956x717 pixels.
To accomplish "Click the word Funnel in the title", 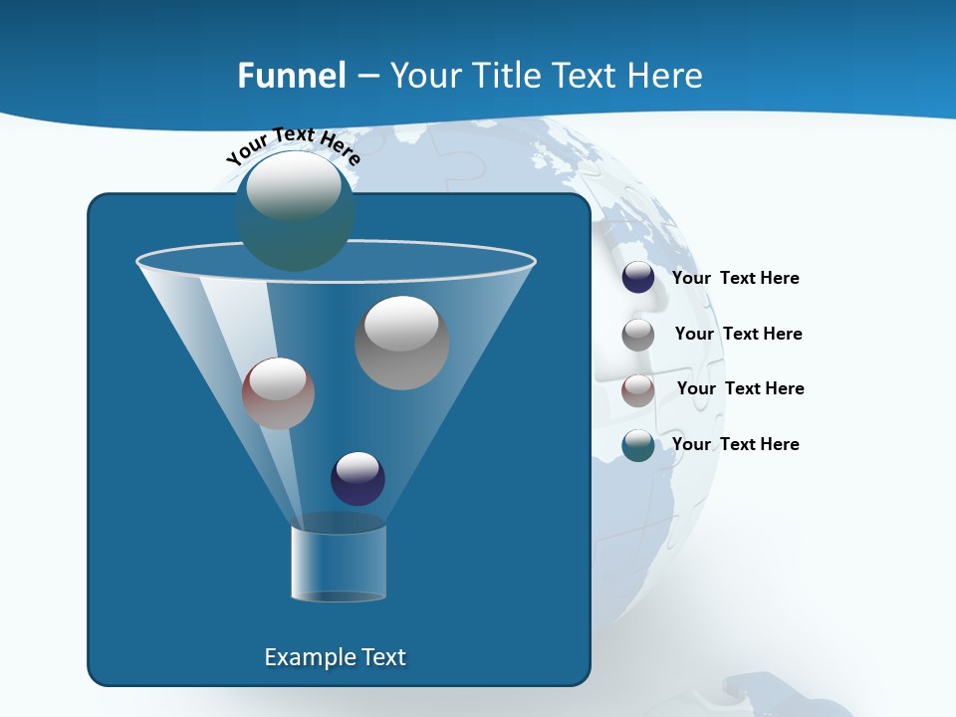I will tap(291, 76).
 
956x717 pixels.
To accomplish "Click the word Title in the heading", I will tap(507, 76).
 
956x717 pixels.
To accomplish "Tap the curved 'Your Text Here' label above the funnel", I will tap(293, 145).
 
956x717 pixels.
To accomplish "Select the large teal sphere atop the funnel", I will tap(295, 210).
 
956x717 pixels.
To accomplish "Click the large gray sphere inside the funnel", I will tap(401, 343).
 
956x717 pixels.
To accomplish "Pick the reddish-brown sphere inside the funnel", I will tap(278, 393).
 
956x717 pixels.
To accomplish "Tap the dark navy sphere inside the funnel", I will tap(358, 478).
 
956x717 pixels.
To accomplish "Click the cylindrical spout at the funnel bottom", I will tap(338, 563).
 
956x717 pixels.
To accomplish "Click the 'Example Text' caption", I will tap(335, 657).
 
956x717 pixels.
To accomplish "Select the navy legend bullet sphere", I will tap(638, 278).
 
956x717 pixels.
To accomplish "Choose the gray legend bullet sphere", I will tap(638, 335).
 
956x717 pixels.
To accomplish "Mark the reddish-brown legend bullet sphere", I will tap(638, 390).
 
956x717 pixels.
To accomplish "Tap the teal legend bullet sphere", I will tap(638, 445).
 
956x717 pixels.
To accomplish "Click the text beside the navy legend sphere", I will tap(735, 279).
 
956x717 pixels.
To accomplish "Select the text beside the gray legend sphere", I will tap(738, 335).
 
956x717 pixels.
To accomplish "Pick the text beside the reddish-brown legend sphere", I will tap(740, 389).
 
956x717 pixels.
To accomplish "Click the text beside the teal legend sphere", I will tap(735, 444).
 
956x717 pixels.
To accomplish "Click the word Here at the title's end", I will tap(667, 76).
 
